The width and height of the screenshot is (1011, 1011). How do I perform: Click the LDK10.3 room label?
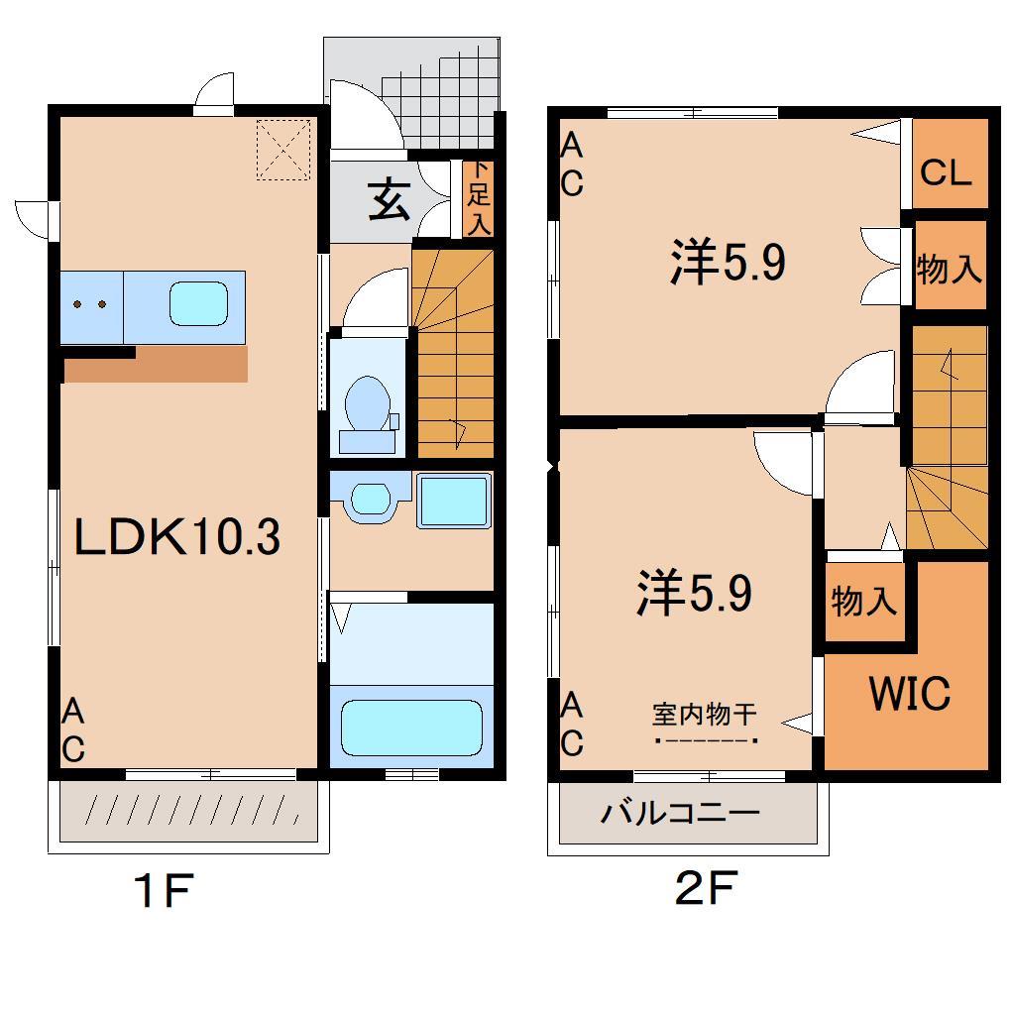point(177,537)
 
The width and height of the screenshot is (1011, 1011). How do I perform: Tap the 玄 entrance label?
point(389,200)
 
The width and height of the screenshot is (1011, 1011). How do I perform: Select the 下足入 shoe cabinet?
point(479,198)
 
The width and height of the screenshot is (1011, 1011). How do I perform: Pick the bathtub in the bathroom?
point(411,728)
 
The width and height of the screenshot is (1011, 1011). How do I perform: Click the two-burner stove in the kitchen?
point(91,307)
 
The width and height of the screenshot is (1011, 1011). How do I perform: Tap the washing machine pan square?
point(454,501)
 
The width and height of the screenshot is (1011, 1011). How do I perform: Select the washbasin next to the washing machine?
point(370,498)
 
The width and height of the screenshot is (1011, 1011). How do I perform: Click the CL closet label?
point(946,172)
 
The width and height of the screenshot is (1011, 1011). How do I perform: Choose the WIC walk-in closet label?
point(910,693)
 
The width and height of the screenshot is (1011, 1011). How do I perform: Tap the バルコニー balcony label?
point(680,812)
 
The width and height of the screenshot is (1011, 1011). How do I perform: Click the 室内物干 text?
point(704,715)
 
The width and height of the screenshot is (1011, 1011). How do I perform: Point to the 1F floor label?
point(164,889)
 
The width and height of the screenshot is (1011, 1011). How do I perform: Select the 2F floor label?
point(706,888)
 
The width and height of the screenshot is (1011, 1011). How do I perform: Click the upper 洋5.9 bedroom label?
point(728,262)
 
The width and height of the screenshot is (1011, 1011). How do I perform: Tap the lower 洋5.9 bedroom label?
point(695,592)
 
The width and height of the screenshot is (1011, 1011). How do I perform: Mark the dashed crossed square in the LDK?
point(283,149)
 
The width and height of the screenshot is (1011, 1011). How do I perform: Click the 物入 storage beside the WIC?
point(864,601)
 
